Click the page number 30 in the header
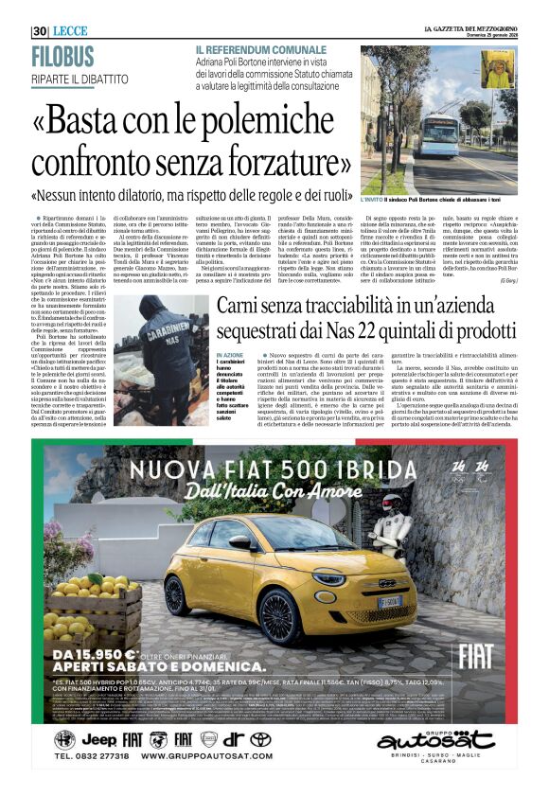click(39, 31)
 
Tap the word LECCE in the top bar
click(70, 31)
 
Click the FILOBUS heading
click(63, 57)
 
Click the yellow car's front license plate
click(389, 601)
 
